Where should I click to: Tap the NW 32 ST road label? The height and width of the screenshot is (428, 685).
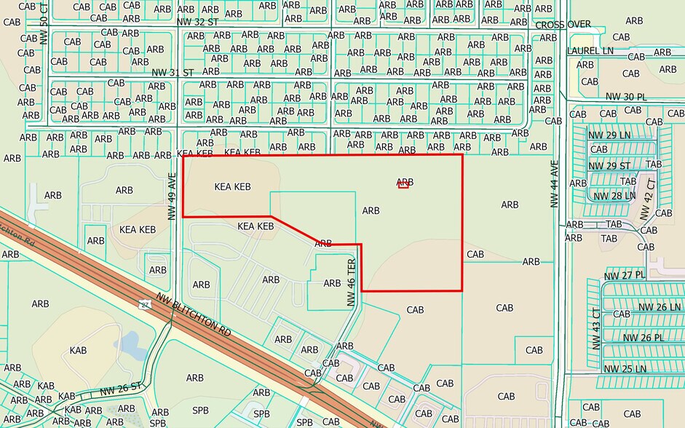click(x=197, y=23)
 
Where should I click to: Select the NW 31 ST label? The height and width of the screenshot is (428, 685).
click(x=173, y=72)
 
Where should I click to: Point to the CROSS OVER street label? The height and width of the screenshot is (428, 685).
click(x=563, y=25)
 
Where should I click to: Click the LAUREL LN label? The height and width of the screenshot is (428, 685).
click(x=590, y=51)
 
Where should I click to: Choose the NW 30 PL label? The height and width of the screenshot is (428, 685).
click(x=625, y=97)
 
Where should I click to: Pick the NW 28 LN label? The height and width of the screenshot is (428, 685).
click(x=614, y=196)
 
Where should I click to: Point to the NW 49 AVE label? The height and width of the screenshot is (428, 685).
click(x=173, y=196)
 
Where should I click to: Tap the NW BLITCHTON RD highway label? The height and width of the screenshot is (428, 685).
click(x=194, y=314)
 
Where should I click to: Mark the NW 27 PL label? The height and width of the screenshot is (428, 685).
click(x=625, y=275)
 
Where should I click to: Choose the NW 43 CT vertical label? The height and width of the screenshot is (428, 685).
click(x=595, y=328)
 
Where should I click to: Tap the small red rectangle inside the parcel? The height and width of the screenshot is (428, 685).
click(x=403, y=186)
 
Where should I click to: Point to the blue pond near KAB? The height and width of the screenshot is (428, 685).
click(x=131, y=345)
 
